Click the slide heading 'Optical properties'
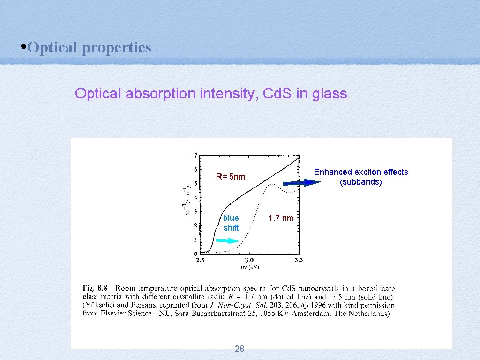point(89,47)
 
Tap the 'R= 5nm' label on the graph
point(230,177)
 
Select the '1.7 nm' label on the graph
point(280,218)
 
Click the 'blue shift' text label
point(231,223)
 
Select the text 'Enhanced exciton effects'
point(360,172)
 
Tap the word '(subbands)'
point(360,182)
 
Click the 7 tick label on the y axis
point(195,155)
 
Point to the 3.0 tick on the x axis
point(249,260)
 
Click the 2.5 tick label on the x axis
point(200,260)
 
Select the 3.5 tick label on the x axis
point(299,260)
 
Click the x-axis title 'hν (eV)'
point(250,267)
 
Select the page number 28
point(239,348)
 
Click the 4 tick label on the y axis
point(195,197)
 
